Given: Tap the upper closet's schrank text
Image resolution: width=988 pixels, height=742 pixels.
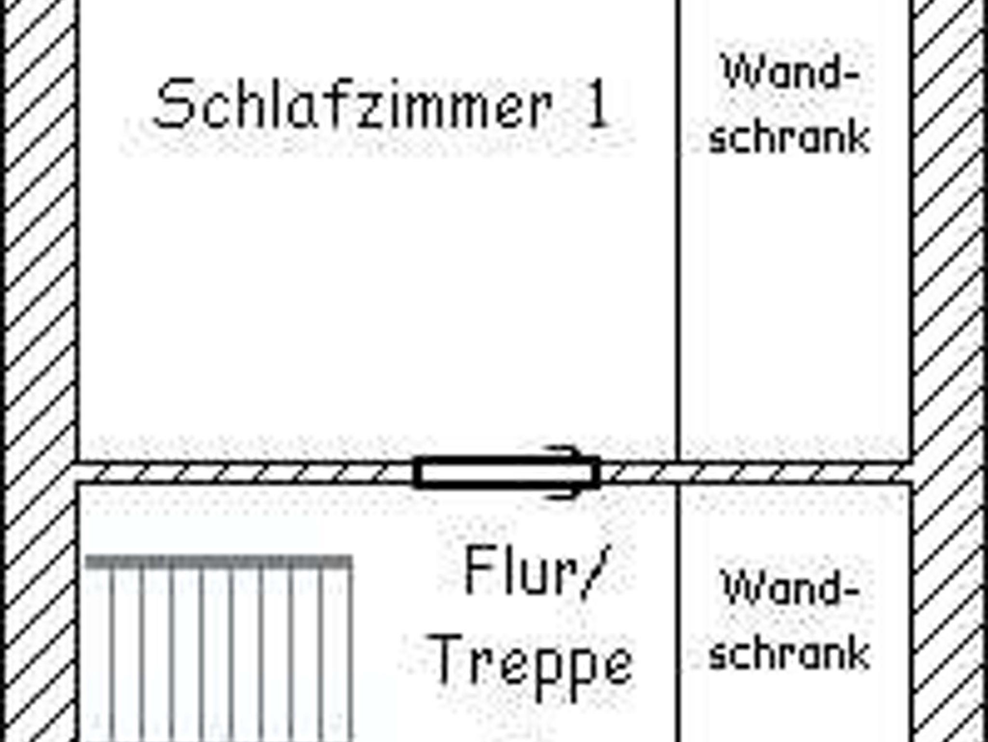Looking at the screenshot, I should click(x=789, y=137).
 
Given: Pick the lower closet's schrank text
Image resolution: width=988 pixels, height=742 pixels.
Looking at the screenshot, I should click(x=789, y=654).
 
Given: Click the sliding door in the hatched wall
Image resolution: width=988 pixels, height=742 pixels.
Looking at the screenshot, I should click(x=507, y=472).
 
